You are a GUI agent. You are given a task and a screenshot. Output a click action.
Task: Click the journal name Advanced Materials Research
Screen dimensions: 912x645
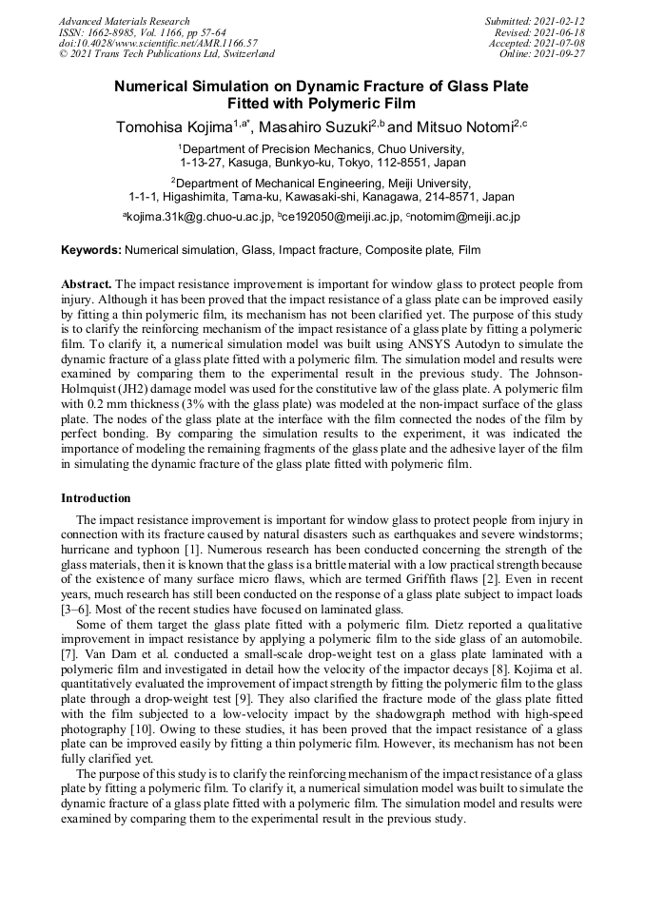(125, 21)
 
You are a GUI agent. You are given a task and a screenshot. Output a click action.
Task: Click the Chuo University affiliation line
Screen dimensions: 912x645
(322, 149)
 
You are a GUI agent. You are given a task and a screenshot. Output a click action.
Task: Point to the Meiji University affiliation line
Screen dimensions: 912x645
(322, 183)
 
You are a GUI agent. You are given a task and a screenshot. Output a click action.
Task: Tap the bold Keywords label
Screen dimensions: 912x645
(90, 251)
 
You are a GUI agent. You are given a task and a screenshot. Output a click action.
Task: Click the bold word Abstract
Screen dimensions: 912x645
(87, 284)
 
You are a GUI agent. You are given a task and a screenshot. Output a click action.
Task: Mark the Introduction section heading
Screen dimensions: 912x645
(96, 498)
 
